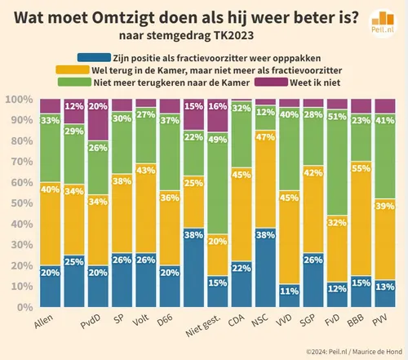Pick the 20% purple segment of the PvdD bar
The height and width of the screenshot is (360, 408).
click(98, 118)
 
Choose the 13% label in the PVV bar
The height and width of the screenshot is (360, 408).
click(383, 286)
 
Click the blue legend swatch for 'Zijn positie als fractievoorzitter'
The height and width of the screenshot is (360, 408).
click(82, 58)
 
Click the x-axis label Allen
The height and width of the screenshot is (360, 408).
click(45, 325)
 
